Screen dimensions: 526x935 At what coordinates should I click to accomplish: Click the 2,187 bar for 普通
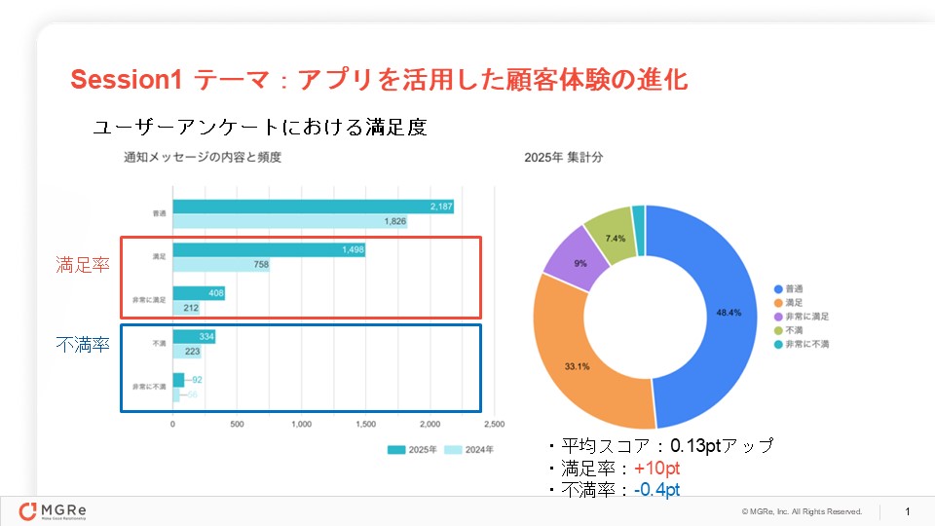click(312, 207)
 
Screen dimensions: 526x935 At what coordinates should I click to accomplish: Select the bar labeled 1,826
click(290, 221)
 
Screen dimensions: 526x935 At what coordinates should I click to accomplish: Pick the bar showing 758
click(221, 265)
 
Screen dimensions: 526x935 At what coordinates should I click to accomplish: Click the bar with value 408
click(199, 293)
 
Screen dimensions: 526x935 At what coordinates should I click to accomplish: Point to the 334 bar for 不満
click(194, 337)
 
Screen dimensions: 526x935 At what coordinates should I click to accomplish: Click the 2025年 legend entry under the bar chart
click(413, 450)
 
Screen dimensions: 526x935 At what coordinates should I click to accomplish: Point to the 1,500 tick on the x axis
click(365, 425)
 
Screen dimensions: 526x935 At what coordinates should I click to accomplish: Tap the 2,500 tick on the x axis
click(494, 425)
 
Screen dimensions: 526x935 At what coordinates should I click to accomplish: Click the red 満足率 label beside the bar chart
click(82, 264)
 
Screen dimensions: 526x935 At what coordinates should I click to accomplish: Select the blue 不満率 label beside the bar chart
click(82, 344)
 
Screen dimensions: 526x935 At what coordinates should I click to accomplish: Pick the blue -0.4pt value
click(656, 489)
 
